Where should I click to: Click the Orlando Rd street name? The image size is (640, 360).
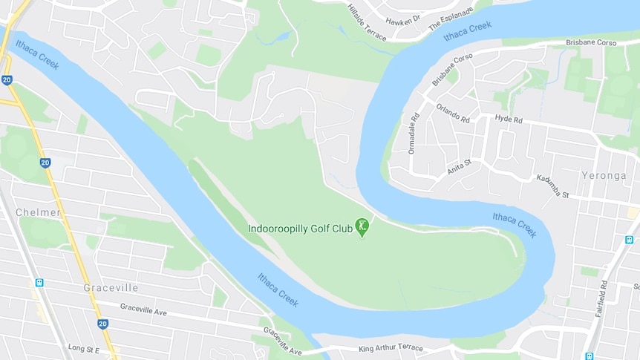coord(452,113)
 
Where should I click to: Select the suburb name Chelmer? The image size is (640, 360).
coord(38,212)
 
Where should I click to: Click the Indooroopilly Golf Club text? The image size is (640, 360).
coord(300,228)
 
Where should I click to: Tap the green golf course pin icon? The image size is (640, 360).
coord(362,226)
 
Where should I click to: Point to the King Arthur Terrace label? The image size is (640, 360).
coord(391,347)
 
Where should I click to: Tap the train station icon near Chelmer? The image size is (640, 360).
coord(39,282)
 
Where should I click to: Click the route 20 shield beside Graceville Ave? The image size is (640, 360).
coord(102,324)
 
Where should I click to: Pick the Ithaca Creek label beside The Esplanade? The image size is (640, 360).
coord(468,30)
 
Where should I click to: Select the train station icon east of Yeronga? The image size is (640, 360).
coord(630,240)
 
